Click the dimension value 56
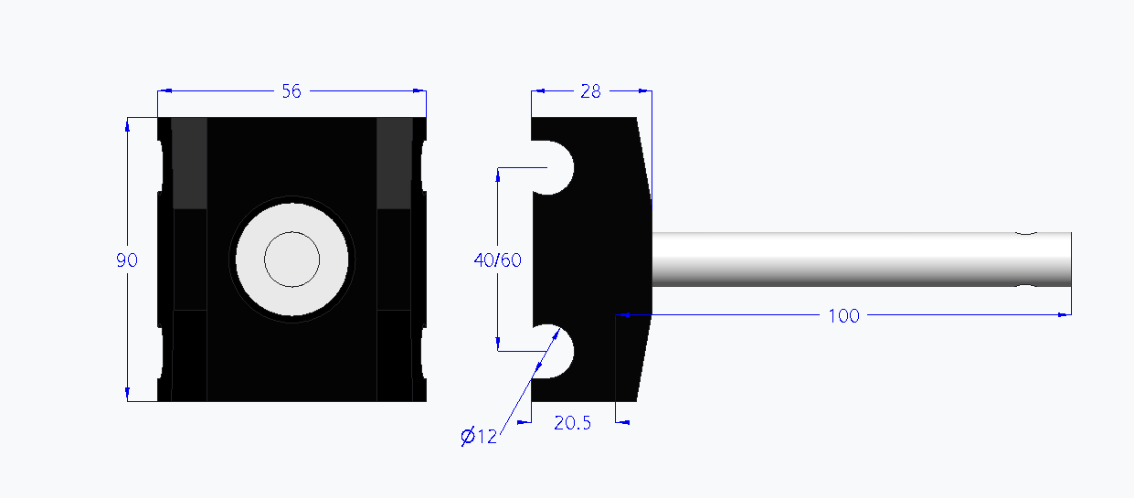pos(291,90)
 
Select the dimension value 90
pos(127,260)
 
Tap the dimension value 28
pos(591,90)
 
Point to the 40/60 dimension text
pos(497,260)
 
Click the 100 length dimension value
pos(843,315)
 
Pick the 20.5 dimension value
pos(573,423)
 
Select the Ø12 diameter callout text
pos(480,437)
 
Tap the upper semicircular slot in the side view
pos(554,167)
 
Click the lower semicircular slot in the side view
pos(554,352)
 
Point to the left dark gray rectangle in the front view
pos(190,163)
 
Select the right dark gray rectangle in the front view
pos(395,163)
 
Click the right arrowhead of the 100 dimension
pos(1065,314)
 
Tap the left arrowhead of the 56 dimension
pos(164,90)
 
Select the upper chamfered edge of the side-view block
pos(644,155)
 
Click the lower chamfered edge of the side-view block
pos(644,356)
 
